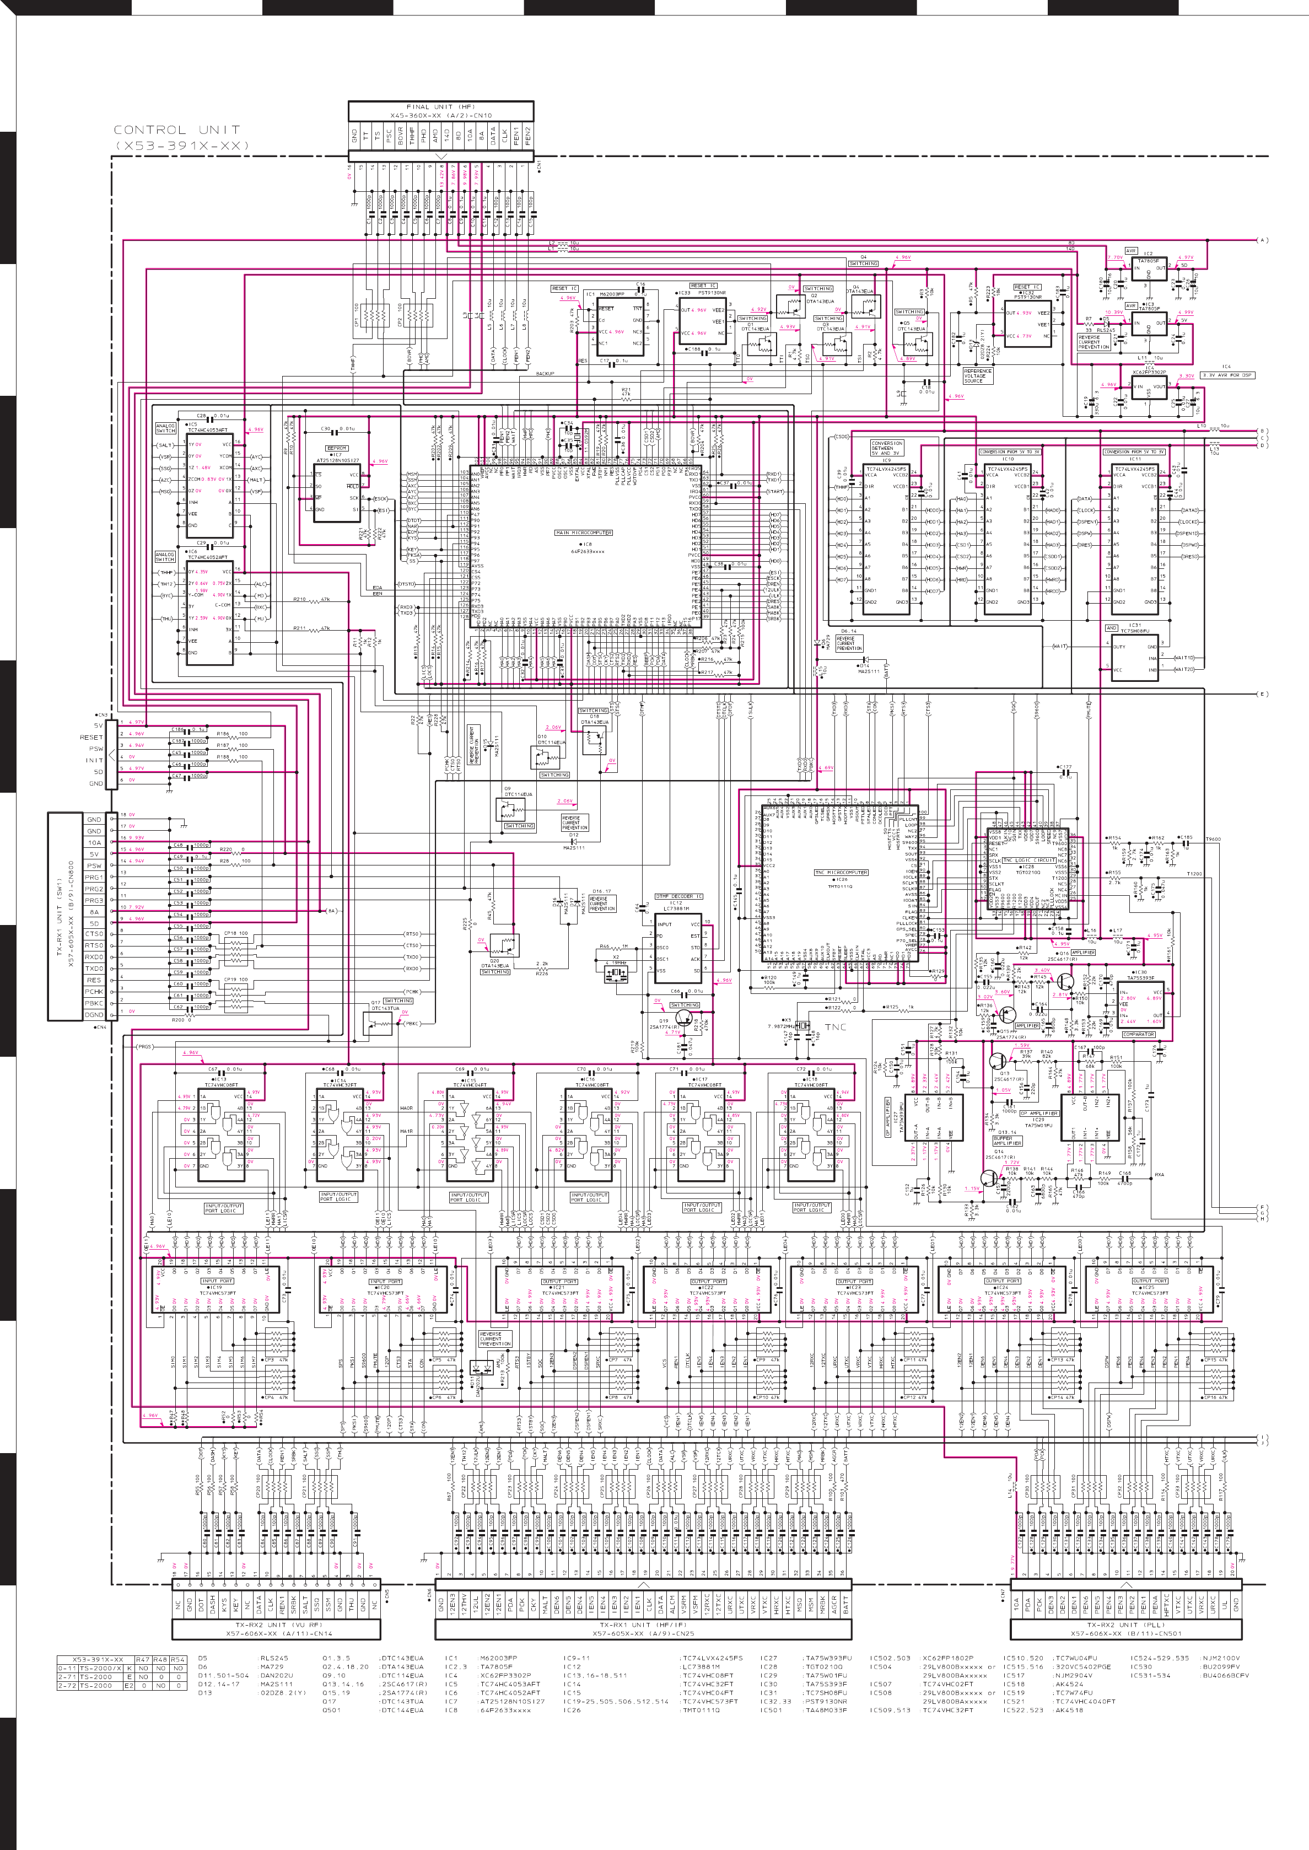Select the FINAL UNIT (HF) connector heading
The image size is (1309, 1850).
coord(440,106)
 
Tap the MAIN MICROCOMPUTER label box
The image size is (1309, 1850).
coord(584,533)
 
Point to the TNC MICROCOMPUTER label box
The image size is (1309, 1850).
coord(841,872)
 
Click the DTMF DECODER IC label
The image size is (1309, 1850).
coord(678,896)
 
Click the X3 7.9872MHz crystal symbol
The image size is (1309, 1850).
coord(801,1026)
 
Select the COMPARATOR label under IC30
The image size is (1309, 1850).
coord(1138,1034)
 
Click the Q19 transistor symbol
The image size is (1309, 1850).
coord(683,1017)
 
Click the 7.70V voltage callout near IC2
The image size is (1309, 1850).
coord(1115,258)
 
